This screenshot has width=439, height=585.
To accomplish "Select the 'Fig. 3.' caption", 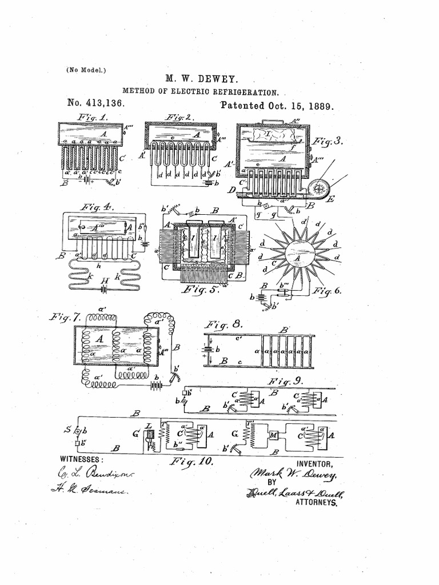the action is (328, 141).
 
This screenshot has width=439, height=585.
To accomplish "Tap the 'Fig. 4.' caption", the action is (98, 206).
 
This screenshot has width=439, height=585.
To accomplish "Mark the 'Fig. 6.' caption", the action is (328, 291).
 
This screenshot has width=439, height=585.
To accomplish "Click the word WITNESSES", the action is (82, 459).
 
